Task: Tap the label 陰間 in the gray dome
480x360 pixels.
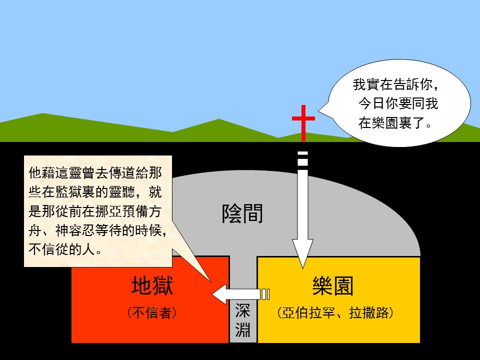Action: point(242,213)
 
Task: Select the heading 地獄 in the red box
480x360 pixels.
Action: point(152,285)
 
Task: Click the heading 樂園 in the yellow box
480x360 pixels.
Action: point(333,285)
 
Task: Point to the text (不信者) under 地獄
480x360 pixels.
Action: point(152,312)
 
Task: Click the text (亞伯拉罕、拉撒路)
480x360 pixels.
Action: point(335,312)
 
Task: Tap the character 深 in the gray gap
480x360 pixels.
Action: point(243,310)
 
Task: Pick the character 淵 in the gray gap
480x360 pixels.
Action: point(243,329)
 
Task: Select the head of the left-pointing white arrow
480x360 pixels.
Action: point(220,294)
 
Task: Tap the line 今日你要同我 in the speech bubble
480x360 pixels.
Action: point(398,103)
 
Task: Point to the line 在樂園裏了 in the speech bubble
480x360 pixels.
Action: point(395,123)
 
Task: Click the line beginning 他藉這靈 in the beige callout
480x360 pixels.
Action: point(95,173)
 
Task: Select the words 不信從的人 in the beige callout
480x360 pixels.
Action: point(65,249)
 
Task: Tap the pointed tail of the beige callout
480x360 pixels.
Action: point(210,281)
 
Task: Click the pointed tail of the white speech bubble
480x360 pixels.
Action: point(319,111)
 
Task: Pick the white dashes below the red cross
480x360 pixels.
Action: point(303,158)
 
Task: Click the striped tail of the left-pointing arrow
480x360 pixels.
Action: point(265,294)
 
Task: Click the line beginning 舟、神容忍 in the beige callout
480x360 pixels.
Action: point(98,230)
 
